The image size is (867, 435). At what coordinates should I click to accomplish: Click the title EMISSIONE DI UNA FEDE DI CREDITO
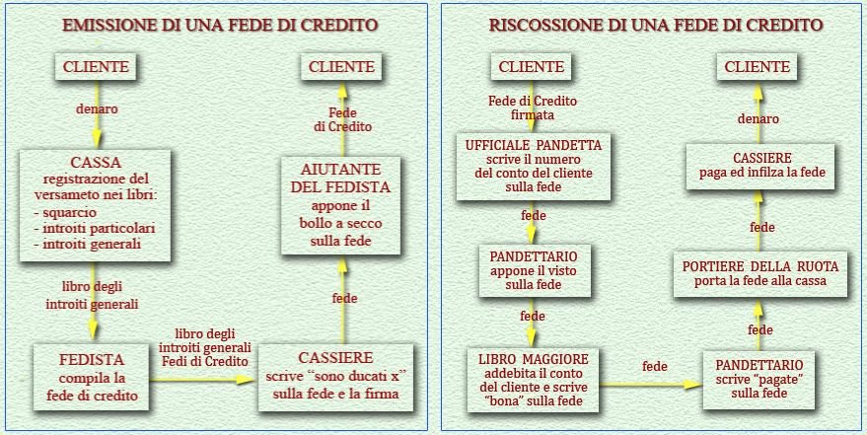pos(220,26)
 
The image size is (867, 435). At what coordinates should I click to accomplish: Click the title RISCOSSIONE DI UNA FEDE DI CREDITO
pos(656,26)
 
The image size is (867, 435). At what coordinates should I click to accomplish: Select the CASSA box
pos(96,204)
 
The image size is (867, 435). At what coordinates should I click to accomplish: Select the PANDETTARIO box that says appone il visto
pos(533,269)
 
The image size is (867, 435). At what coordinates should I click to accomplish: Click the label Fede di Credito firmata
pos(533,108)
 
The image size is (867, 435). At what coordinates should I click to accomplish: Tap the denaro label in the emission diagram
pos(97,109)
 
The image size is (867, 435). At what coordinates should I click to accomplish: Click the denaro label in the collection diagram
pos(759,118)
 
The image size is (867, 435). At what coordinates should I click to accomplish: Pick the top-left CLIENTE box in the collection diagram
pos(532,67)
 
